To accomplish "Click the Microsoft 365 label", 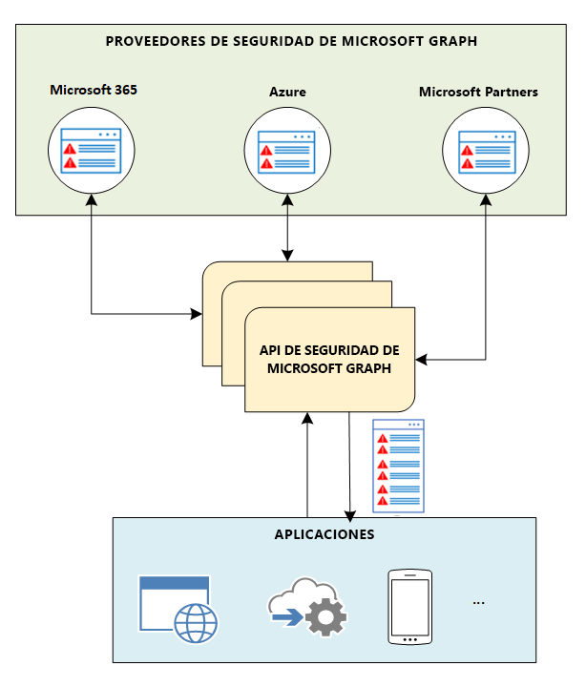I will pyautogui.click(x=92, y=91).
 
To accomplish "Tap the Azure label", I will pyautogui.click(x=287, y=93).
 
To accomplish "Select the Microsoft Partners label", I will pyautogui.click(x=478, y=93).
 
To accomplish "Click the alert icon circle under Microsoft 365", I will pyautogui.click(x=91, y=151).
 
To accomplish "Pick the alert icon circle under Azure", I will pyautogui.click(x=286, y=151).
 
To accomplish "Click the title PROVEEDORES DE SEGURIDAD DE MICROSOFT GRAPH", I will pyautogui.click(x=291, y=41).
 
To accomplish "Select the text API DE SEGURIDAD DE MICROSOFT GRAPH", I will pyautogui.click(x=329, y=359).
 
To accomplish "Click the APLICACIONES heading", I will pyautogui.click(x=324, y=534).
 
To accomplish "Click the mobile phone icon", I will pyautogui.click(x=410, y=608).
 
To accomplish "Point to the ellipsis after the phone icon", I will pyautogui.click(x=479, y=602).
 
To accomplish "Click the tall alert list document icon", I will pyautogui.click(x=398, y=467).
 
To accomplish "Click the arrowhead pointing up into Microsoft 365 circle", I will pyautogui.click(x=91, y=201).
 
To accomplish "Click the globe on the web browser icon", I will pyautogui.click(x=195, y=623).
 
